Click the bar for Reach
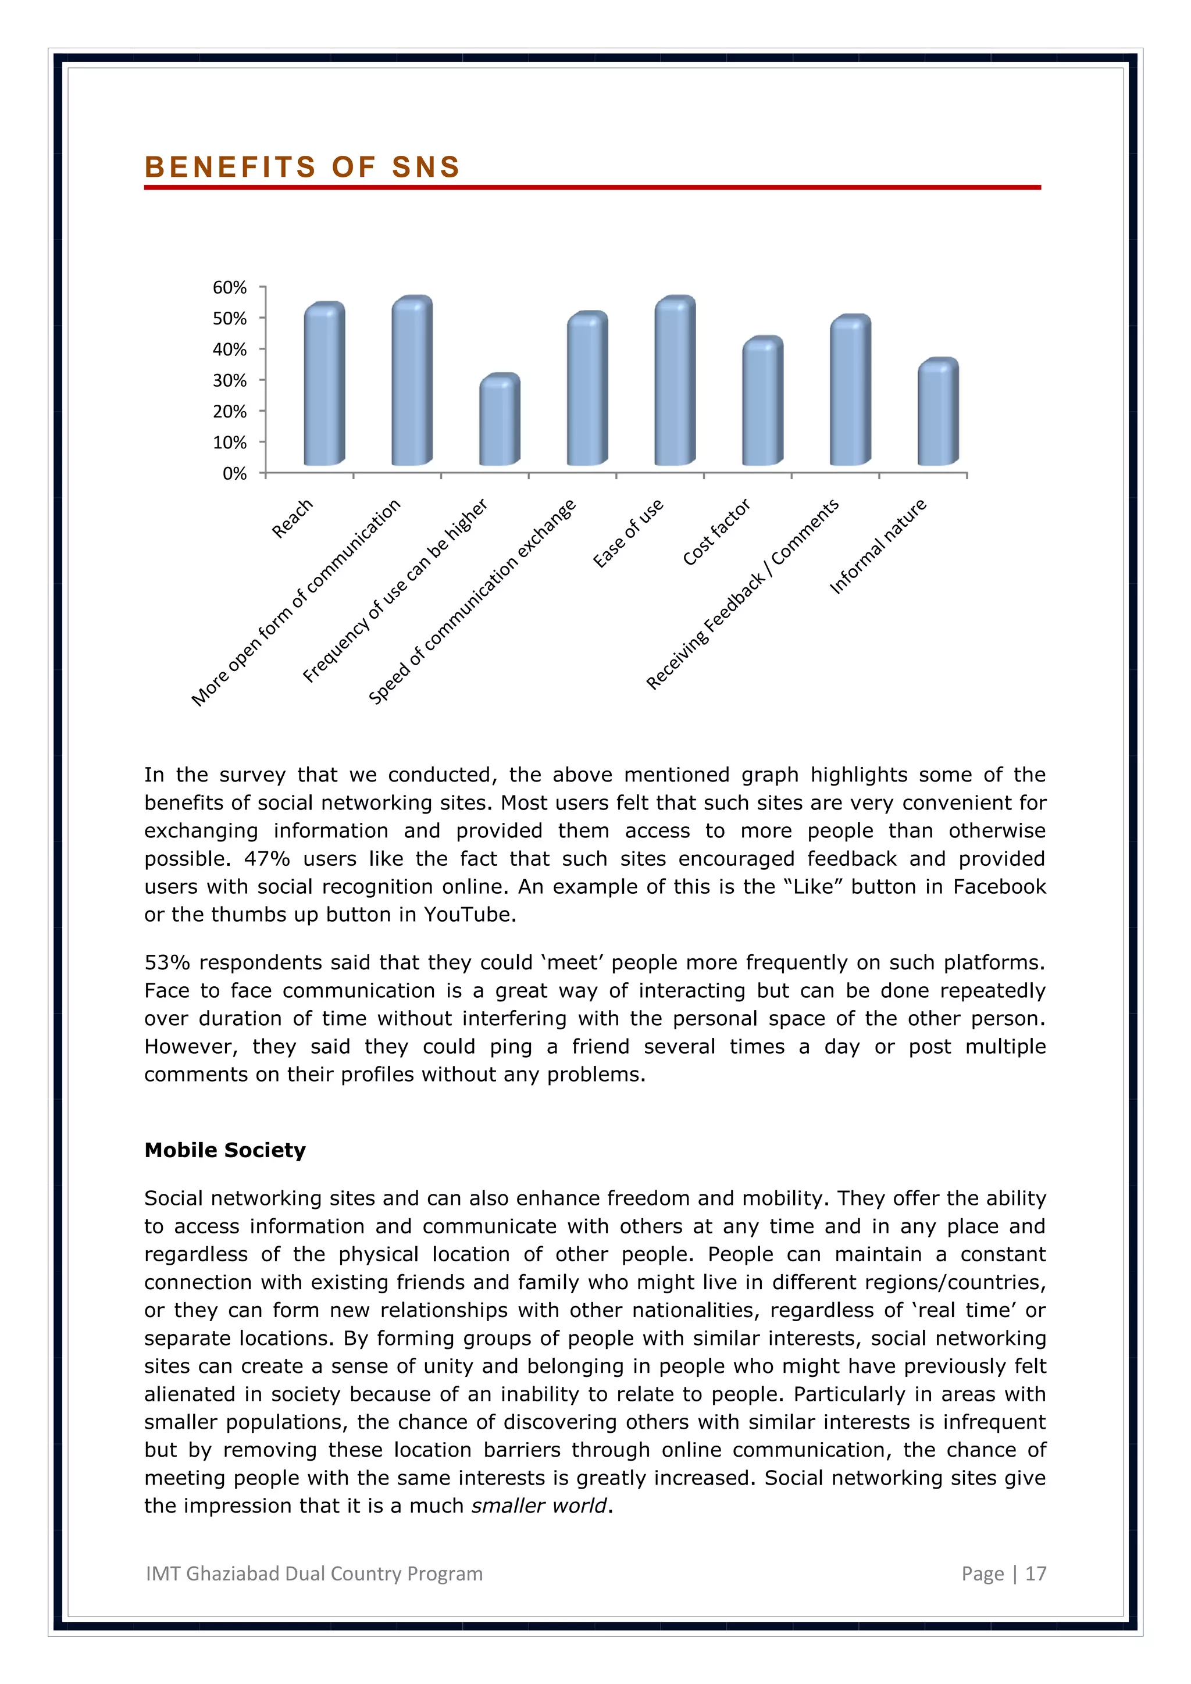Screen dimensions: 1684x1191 click(x=324, y=385)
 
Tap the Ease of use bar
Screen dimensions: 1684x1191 click(x=675, y=382)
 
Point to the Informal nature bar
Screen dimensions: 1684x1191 click(x=937, y=413)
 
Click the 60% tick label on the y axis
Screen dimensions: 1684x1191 click(x=230, y=287)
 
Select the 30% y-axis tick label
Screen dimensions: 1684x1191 click(x=230, y=381)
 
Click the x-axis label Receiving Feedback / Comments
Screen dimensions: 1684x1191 click(x=742, y=594)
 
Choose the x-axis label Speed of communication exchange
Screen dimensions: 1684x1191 click(x=472, y=601)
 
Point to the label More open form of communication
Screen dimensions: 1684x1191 click(x=295, y=602)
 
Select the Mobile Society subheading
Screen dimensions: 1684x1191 click(x=224, y=1150)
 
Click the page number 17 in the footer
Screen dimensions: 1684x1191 click(x=1036, y=1574)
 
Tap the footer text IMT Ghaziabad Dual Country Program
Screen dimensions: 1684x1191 click(x=314, y=1574)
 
